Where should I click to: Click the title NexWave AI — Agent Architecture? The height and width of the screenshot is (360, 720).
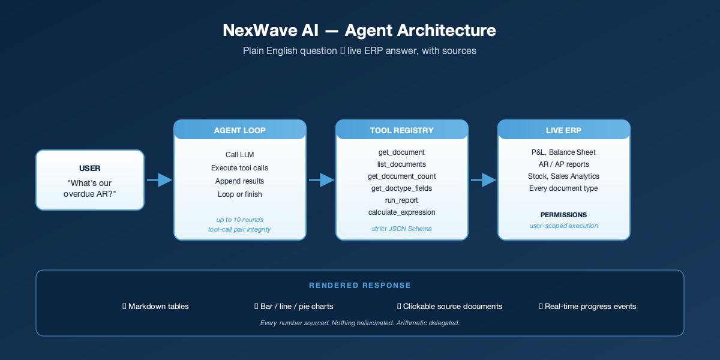pos(359,31)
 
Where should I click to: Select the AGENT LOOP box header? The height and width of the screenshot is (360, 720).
pos(240,130)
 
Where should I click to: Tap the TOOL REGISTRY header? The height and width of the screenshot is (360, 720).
pos(402,130)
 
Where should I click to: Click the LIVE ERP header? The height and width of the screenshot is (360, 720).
pos(564,130)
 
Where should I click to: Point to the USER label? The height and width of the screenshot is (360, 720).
pos(90,168)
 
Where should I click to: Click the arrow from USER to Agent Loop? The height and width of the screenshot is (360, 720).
pos(159,179)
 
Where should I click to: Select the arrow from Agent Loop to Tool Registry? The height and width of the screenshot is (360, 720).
pos(321,179)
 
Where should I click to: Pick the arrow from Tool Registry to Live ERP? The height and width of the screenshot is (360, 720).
pos(483,179)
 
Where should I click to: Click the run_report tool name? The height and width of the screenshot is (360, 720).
pos(402,200)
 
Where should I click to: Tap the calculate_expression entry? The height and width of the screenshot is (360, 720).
pos(402,212)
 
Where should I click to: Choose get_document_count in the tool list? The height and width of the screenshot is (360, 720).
pos(402,176)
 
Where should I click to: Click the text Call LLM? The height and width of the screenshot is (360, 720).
pos(240,155)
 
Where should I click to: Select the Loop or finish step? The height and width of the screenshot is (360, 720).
pos(240,194)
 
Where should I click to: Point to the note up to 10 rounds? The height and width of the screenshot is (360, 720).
pos(240,220)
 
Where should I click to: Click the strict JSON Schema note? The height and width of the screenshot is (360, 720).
pos(402,229)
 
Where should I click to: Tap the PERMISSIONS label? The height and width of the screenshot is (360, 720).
pos(564,215)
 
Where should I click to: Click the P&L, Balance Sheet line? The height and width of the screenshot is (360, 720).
pos(564,152)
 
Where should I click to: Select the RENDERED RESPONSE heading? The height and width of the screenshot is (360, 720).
pos(360,286)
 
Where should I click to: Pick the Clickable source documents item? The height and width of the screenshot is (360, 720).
pos(450,307)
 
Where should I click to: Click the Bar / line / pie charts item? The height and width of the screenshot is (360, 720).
pos(294,307)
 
